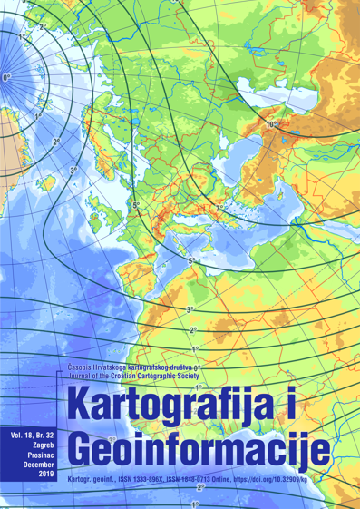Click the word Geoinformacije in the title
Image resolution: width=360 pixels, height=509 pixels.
(200, 446)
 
